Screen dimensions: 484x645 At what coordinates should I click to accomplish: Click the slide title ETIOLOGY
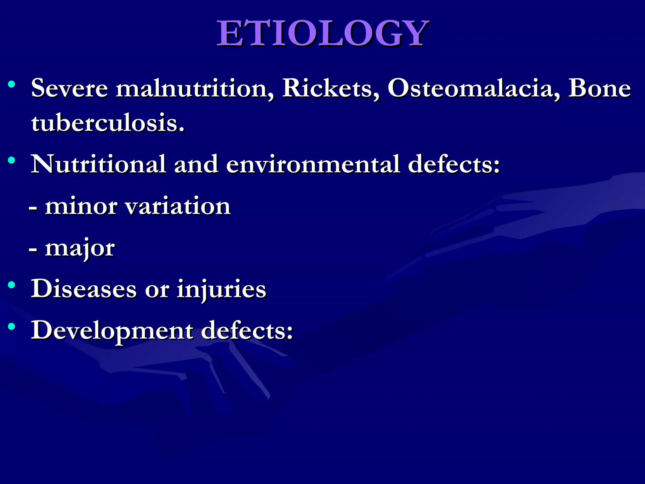coord(322,33)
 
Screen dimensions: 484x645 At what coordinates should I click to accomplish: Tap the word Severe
coord(70,88)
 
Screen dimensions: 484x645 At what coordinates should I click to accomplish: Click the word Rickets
coord(331,88)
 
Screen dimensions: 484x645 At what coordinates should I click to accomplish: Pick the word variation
coord(178,207)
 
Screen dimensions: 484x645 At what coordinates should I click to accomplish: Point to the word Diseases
coord(84,289)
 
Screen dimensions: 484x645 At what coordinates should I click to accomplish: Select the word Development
coord(112,331)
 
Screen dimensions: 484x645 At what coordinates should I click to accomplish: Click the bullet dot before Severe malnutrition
coord(12,84)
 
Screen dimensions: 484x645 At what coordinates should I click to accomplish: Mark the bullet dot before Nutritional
coord(12,160)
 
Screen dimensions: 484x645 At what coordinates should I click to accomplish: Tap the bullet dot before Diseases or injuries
coord(12,285)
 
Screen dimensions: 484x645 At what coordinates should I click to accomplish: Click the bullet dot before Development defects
coord(12,327)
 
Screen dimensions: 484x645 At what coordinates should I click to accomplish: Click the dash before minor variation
coord(33,208)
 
